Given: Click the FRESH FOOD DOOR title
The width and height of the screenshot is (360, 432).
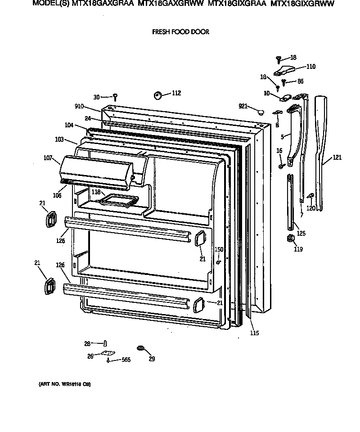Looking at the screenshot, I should tap(180, 32).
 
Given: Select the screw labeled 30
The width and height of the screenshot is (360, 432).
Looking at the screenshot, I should tap(115, 96).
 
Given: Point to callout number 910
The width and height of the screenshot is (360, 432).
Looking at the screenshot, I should tap(79, 107).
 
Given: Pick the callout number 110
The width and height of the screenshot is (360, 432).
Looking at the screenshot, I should tap(310, 67).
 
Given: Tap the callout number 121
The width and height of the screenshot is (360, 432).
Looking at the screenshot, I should tap(338, 158).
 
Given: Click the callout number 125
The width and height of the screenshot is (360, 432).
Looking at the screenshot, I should tap(301, 234).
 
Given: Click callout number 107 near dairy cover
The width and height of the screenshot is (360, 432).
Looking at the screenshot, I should tap(49, 158).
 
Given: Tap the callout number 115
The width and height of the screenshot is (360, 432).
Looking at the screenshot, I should tap(255, 333).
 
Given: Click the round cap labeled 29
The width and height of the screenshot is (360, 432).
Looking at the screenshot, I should tap(141, 348).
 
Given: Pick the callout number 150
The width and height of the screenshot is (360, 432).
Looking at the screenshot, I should tap(219, 249).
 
